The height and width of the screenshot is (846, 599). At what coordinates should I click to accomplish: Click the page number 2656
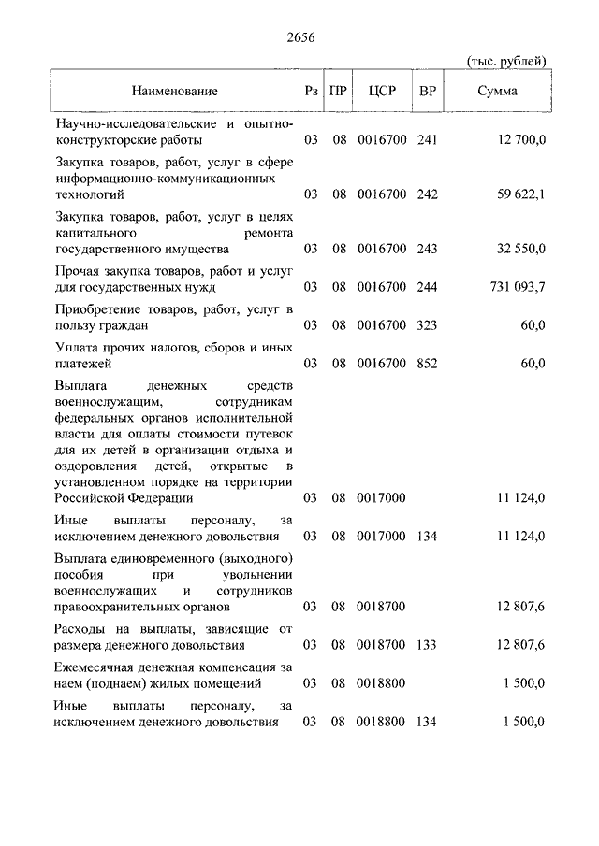pyautogui.click(x=299, y=38)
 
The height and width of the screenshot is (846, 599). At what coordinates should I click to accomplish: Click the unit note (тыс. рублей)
pyautogui.click(x=506, y=61)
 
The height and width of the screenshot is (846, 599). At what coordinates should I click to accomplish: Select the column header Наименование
pyautogui.click(x=175, y=91)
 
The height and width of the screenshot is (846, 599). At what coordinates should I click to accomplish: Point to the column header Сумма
pyautogui.click(x=497, y=91)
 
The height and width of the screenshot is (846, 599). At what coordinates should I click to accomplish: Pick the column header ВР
pyautogui.click(x=428, y=91)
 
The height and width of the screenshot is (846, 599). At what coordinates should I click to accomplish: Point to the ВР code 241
pyautogui.click(x=428, y=140)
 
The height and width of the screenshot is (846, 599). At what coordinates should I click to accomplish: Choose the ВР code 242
pyautogui.click(x=428, y=194)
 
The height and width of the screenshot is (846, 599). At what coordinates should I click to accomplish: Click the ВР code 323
pyautogui.click(x=428, y=324)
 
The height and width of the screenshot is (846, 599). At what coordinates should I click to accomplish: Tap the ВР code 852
pyautogui.click(x=428, y=363)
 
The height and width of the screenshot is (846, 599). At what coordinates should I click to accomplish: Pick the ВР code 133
pyautogui.click(x=428, y=644)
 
